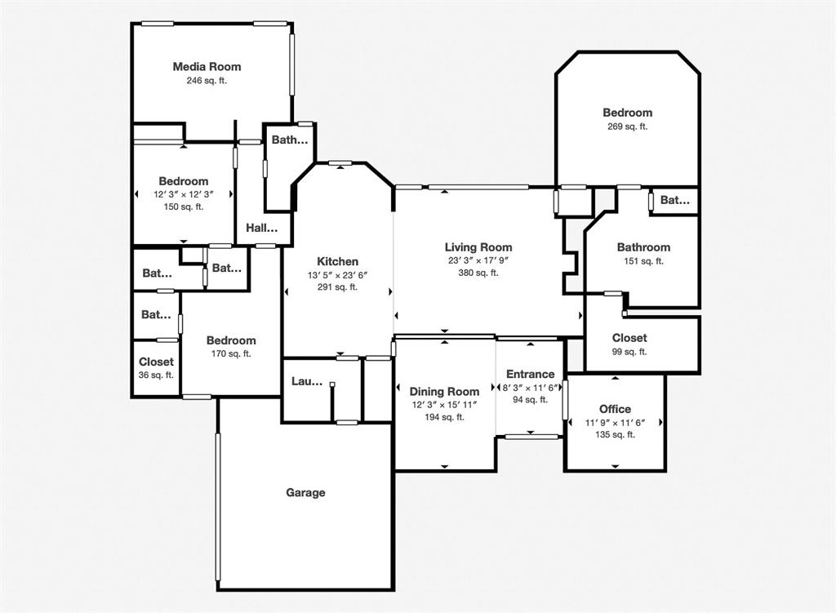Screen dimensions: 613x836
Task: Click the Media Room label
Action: (207, 66)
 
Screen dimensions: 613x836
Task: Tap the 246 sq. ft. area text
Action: (207, 80)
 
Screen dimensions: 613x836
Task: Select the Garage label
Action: (305, 492)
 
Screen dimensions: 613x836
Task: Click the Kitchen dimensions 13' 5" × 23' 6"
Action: (337, 275)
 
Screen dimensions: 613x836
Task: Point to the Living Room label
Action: (478, 247)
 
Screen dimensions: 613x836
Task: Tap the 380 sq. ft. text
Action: (478, 273)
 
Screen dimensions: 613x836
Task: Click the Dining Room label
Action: (444, 392)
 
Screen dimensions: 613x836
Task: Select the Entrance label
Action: (530, 374)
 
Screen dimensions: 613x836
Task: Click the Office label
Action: (615, 409)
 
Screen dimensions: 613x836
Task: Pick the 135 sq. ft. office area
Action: (615, 434)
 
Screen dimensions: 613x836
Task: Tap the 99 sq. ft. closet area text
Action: (629, 351)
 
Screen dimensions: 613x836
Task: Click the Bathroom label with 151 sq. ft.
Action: (643, 247)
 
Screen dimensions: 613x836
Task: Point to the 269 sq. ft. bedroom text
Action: (627, 127)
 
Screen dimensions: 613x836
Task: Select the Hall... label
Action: (262, 229)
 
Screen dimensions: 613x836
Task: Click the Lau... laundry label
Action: (307, 381)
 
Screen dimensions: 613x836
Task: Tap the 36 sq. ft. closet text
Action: (156, 375)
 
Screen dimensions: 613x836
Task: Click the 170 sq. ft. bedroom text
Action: (230, 353)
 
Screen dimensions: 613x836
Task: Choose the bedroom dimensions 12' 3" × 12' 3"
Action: (184, 194)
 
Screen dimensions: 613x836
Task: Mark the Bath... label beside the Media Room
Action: (290, 140)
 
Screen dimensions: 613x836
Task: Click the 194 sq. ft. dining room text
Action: (444, 417)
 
